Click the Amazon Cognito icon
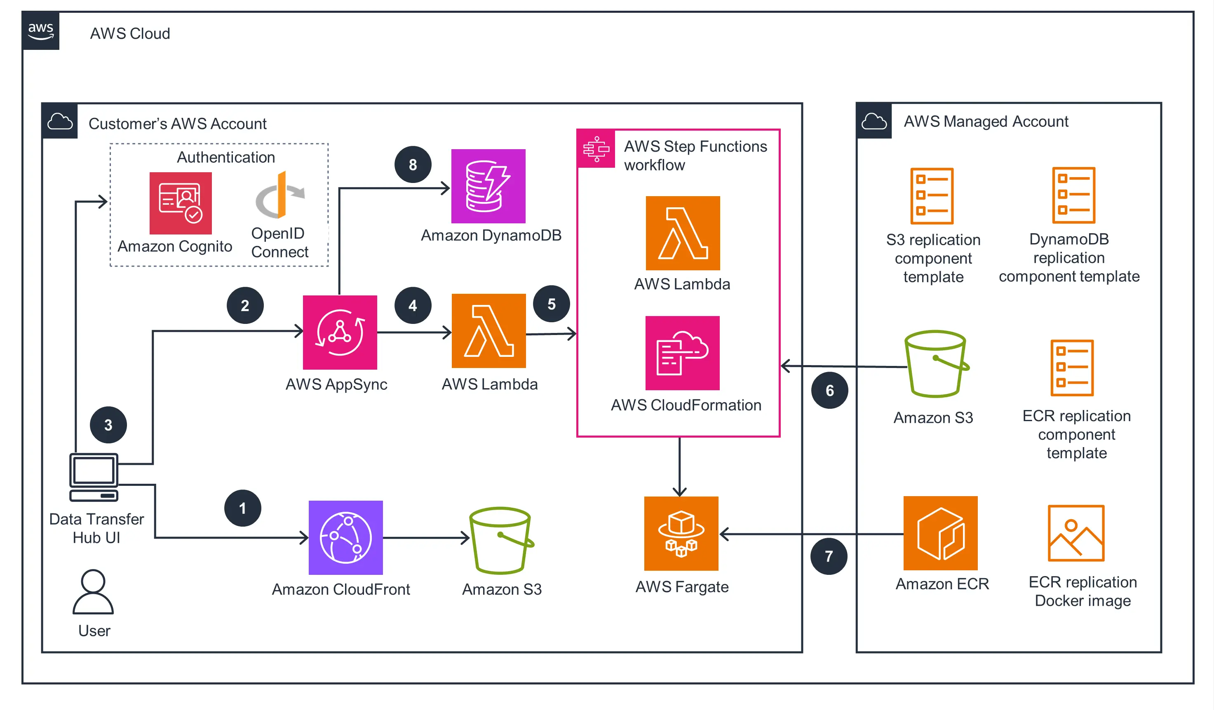(180, 203)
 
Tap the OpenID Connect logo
(280, 195)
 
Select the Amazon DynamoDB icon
(488, 186)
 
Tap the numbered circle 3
(108, 424)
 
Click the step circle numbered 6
(829, 390)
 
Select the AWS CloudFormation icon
(682, 353)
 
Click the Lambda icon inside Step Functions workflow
(683, 233)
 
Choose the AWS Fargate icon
(681, 533)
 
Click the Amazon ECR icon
(940, 533)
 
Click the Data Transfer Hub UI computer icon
(94, 476)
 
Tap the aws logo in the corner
(40, 31)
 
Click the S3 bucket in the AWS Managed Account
(936, 364)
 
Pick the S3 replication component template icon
(931, 196)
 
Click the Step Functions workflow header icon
(596, 148)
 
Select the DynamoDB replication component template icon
(1073, 194)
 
